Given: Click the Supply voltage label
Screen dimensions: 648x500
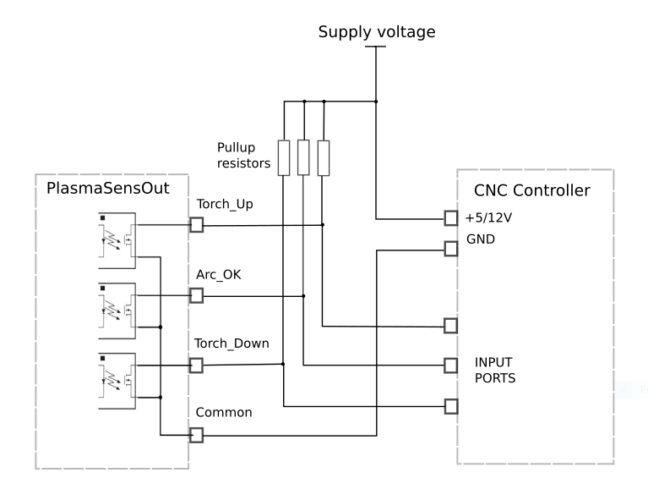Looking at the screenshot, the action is pyautogui.click(x=377, y=32).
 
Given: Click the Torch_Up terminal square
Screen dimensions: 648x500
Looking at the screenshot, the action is pyautogui.click(x=197, y=225).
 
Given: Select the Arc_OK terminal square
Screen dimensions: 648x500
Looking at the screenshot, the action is pyautogui.click(x=197, y=295).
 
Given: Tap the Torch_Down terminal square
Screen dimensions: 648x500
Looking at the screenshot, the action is pyautogui.click(x=196, y=365).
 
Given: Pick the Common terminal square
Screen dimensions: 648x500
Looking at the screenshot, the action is pyautogui.click(x=196, y=435).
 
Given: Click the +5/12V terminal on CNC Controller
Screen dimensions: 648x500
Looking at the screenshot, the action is pyautogui.click(x=451, y=217).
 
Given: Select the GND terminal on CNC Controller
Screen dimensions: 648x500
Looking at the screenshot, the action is pyautogui.click(x=451, y=249).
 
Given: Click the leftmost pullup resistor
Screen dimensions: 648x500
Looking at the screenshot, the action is pyautogui.click(x=284, y=157).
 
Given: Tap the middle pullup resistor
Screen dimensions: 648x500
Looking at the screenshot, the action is pyautogui.click(x=303, y=157).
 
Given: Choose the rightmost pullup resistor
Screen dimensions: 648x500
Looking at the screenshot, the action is pyautogui.click(x=324, y=157).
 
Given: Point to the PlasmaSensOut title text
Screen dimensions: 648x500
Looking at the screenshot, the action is pyautogui.click(x=108, y=189).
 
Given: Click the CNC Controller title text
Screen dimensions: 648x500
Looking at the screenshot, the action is pyautogui.click(x=532, y=190).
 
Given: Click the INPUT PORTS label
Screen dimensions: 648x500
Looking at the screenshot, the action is pyautogui.click(x=495, y=370).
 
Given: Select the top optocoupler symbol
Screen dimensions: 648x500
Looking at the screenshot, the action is pyautogui.click(x=117, y=240).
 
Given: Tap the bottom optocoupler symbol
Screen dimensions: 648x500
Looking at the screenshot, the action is pyautogui.click(x=117, y=382).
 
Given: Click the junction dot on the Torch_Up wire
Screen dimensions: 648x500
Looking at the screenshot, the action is pyautogui.click(x=323, y=225).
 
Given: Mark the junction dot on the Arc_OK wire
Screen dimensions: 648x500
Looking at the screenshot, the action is pyautogui.click(x=304, y=296).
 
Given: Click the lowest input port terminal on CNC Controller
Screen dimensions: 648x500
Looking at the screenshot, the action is pyautogui.click(x=451, y=406).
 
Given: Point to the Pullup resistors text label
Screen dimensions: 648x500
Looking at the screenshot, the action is pyautogui.click(x=244, y=155).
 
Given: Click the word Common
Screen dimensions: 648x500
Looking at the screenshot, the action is pyautogui.click(x=224, y=412).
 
